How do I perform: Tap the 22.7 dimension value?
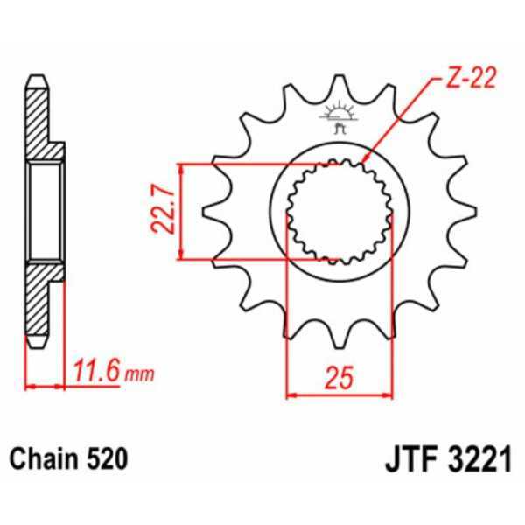click(161, 212)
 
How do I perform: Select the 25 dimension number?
click(340, 379)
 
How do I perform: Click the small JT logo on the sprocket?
click(339, 116)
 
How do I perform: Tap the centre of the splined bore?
click(339, 211)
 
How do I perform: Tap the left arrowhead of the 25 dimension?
click(291, 394)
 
